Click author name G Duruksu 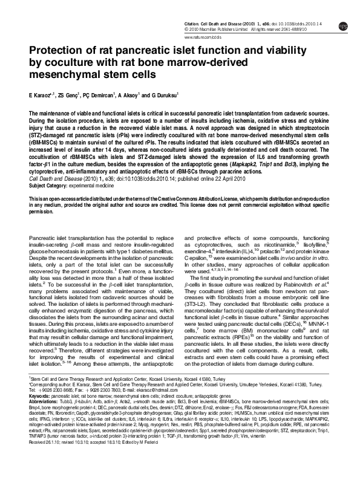(x=172, y=96)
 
